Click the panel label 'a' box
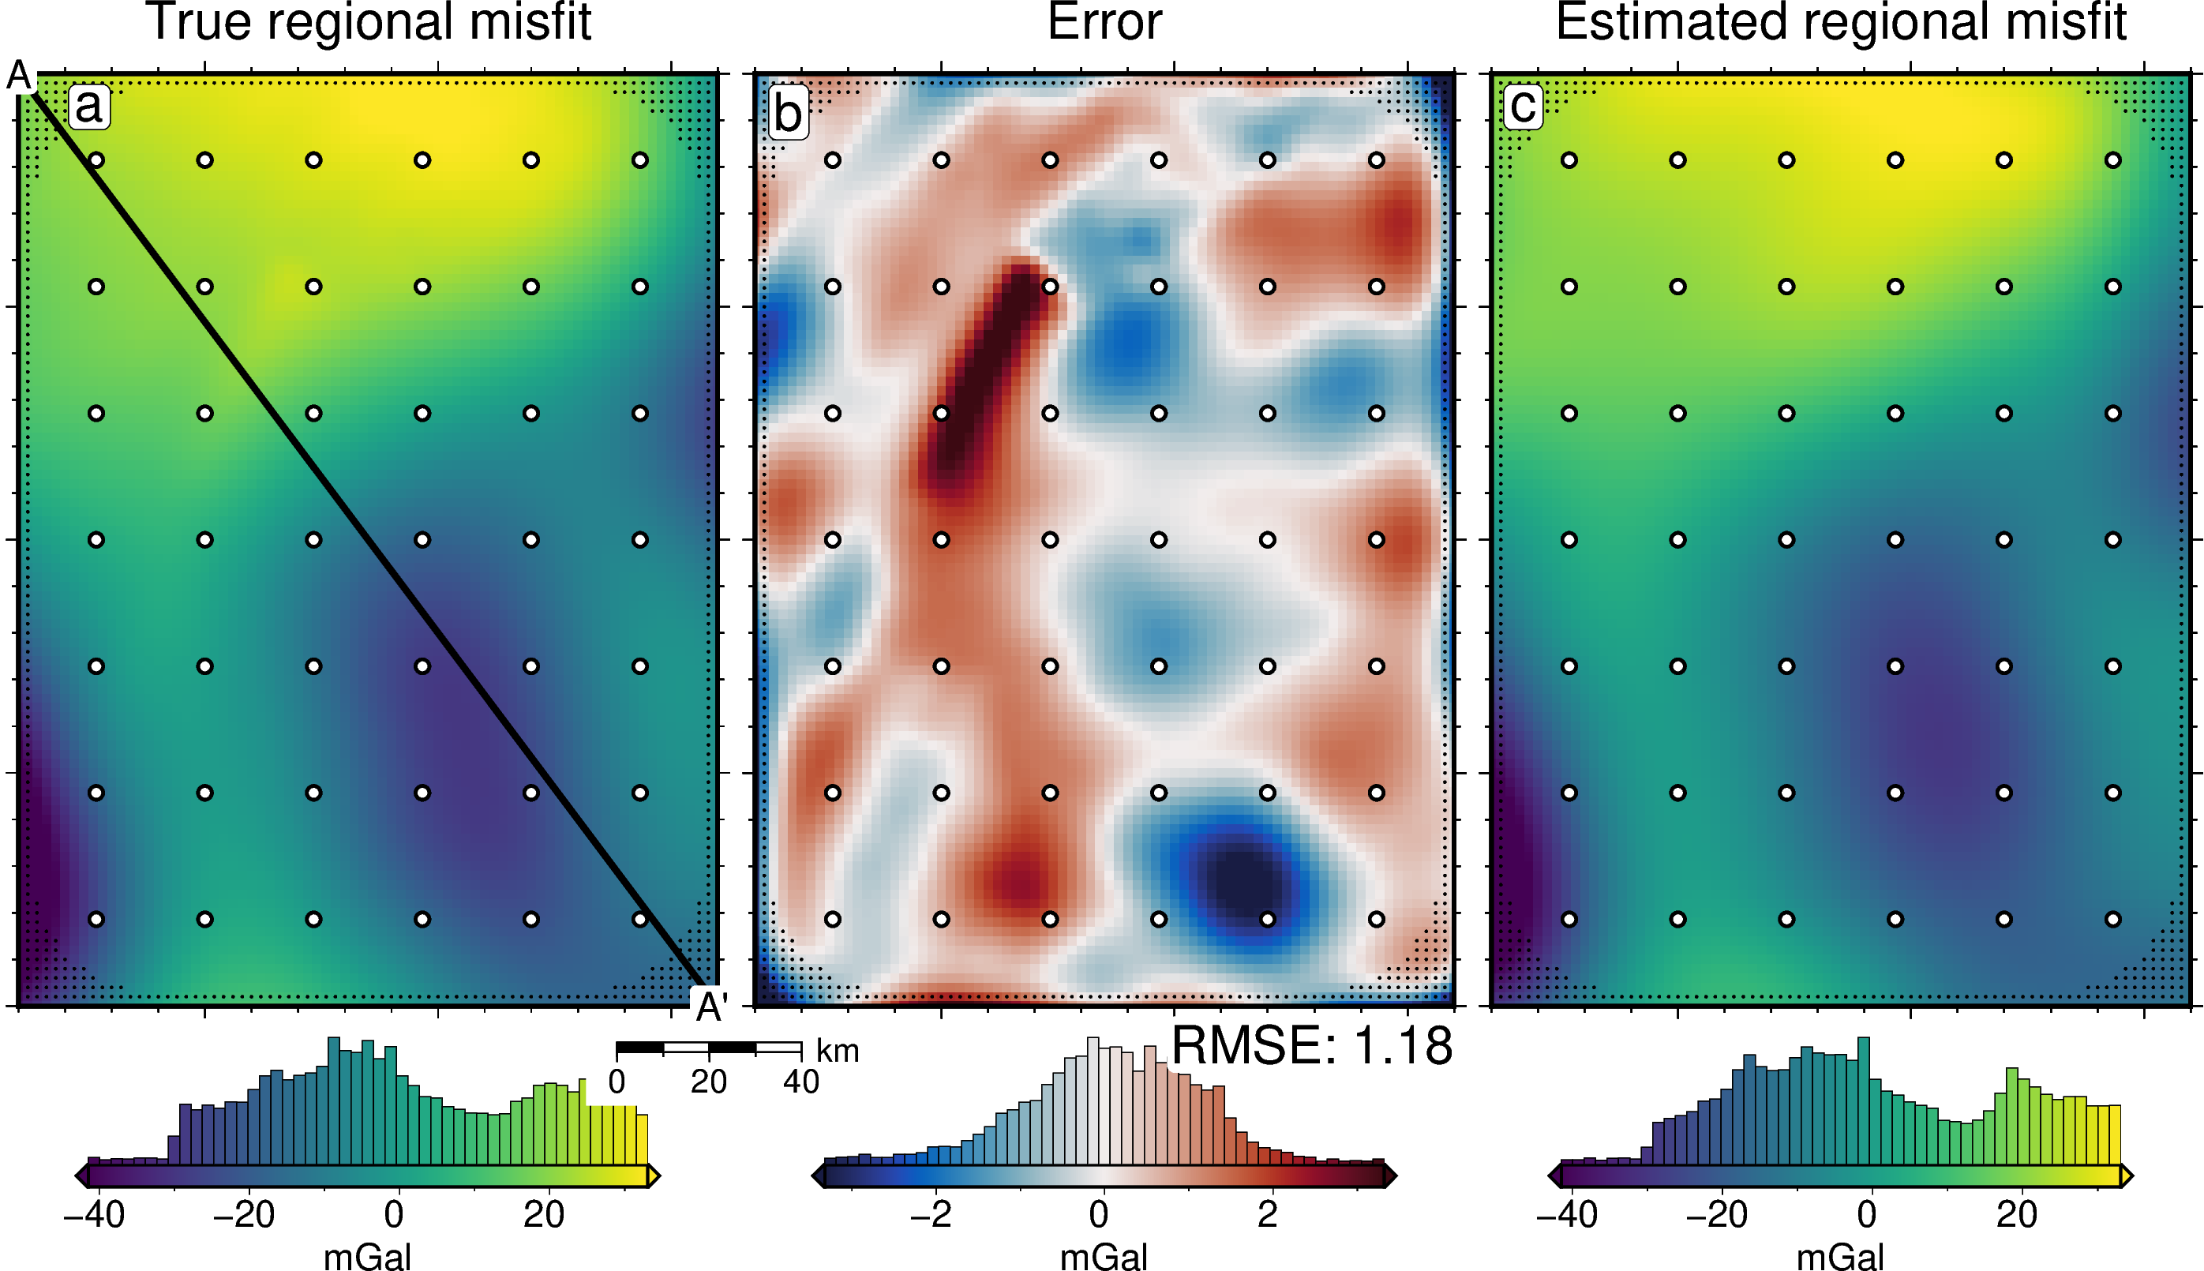(88, 107)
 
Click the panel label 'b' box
(788, 114)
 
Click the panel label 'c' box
(1524, 107)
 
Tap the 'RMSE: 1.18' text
(1311, 1045)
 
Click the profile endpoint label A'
(710, 1007)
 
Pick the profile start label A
(18, 76)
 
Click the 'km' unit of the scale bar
(837, 1051)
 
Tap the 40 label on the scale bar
(800, 1082)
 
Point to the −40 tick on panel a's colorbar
(94, 1214)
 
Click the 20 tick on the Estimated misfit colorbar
(2016, 1214)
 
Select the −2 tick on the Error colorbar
(931, 1214)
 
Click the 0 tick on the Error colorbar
(1099, 1214)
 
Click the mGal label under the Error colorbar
(1104, 1257)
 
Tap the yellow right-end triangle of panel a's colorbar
(653, 1175)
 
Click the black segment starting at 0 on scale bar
(640, 1047)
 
